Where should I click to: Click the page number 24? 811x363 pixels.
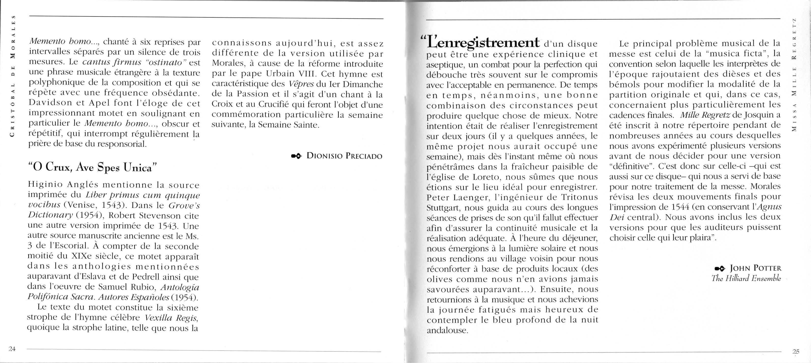(12, 349)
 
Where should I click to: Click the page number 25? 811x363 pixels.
(796, 352)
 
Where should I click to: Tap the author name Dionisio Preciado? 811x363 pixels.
(344, 156)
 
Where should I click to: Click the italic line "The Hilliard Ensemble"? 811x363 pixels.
(746, 278)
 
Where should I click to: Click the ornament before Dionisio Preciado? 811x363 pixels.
(296, 156)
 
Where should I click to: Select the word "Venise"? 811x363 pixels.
(81, 205)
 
